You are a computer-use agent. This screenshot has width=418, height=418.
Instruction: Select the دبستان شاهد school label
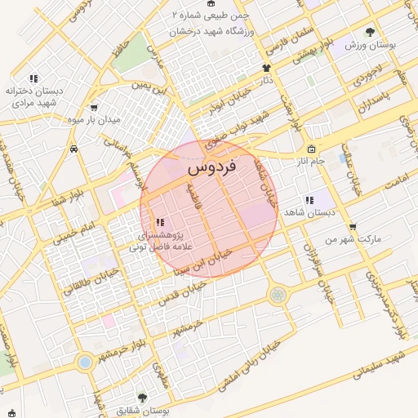pos(304,211)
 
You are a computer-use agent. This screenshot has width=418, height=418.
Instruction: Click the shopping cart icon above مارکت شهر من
pos(352,227)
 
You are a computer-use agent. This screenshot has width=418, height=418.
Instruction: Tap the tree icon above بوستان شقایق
pos(142,398)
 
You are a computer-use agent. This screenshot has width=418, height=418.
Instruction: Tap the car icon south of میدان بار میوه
pos(74,149)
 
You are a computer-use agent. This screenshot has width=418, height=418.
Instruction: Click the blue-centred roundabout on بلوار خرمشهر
pos(84,361)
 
